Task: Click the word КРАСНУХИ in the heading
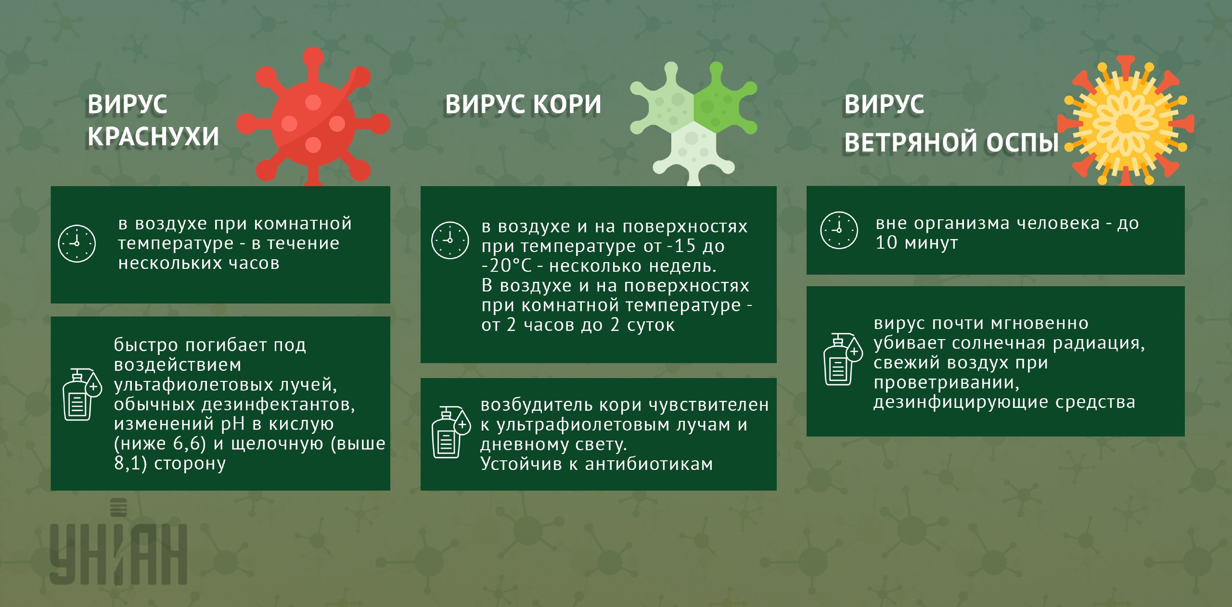click(x=153, y=137)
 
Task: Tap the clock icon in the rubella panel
click(x=77, y=243)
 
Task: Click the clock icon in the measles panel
click(x=450, y=240)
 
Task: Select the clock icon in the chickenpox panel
click(x=839, y=230)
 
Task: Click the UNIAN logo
click(x=118, y=544)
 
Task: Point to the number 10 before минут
click(x=886, y=242)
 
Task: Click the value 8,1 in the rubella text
click(x=128, y=463)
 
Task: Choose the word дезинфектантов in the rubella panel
click(x=278, y=404)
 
